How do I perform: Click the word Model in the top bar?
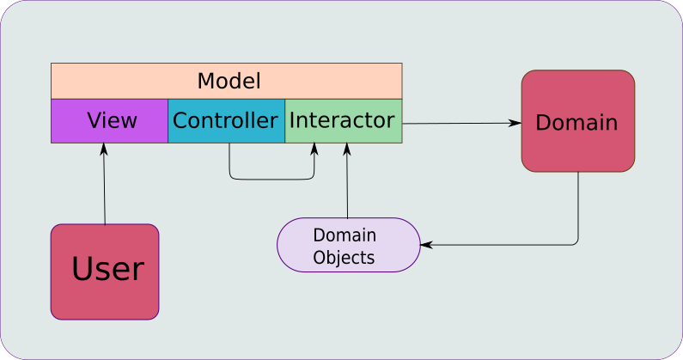click(229, 82)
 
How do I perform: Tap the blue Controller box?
click(226, 121)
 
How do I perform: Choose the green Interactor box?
click(343, 121)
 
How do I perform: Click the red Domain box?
click(577, 121)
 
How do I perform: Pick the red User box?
click(105, 272)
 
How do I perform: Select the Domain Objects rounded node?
click(349, 245)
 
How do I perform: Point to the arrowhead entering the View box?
click(103, 148)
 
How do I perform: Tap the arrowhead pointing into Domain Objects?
click(425, 245)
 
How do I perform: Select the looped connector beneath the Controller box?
click(271, 179)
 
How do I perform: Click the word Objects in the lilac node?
click(344, 257)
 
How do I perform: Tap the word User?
click(107, 270)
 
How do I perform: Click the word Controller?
click(226, 120)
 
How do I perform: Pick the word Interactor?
click(342, 120)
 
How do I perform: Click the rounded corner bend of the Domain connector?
click(576, 242)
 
